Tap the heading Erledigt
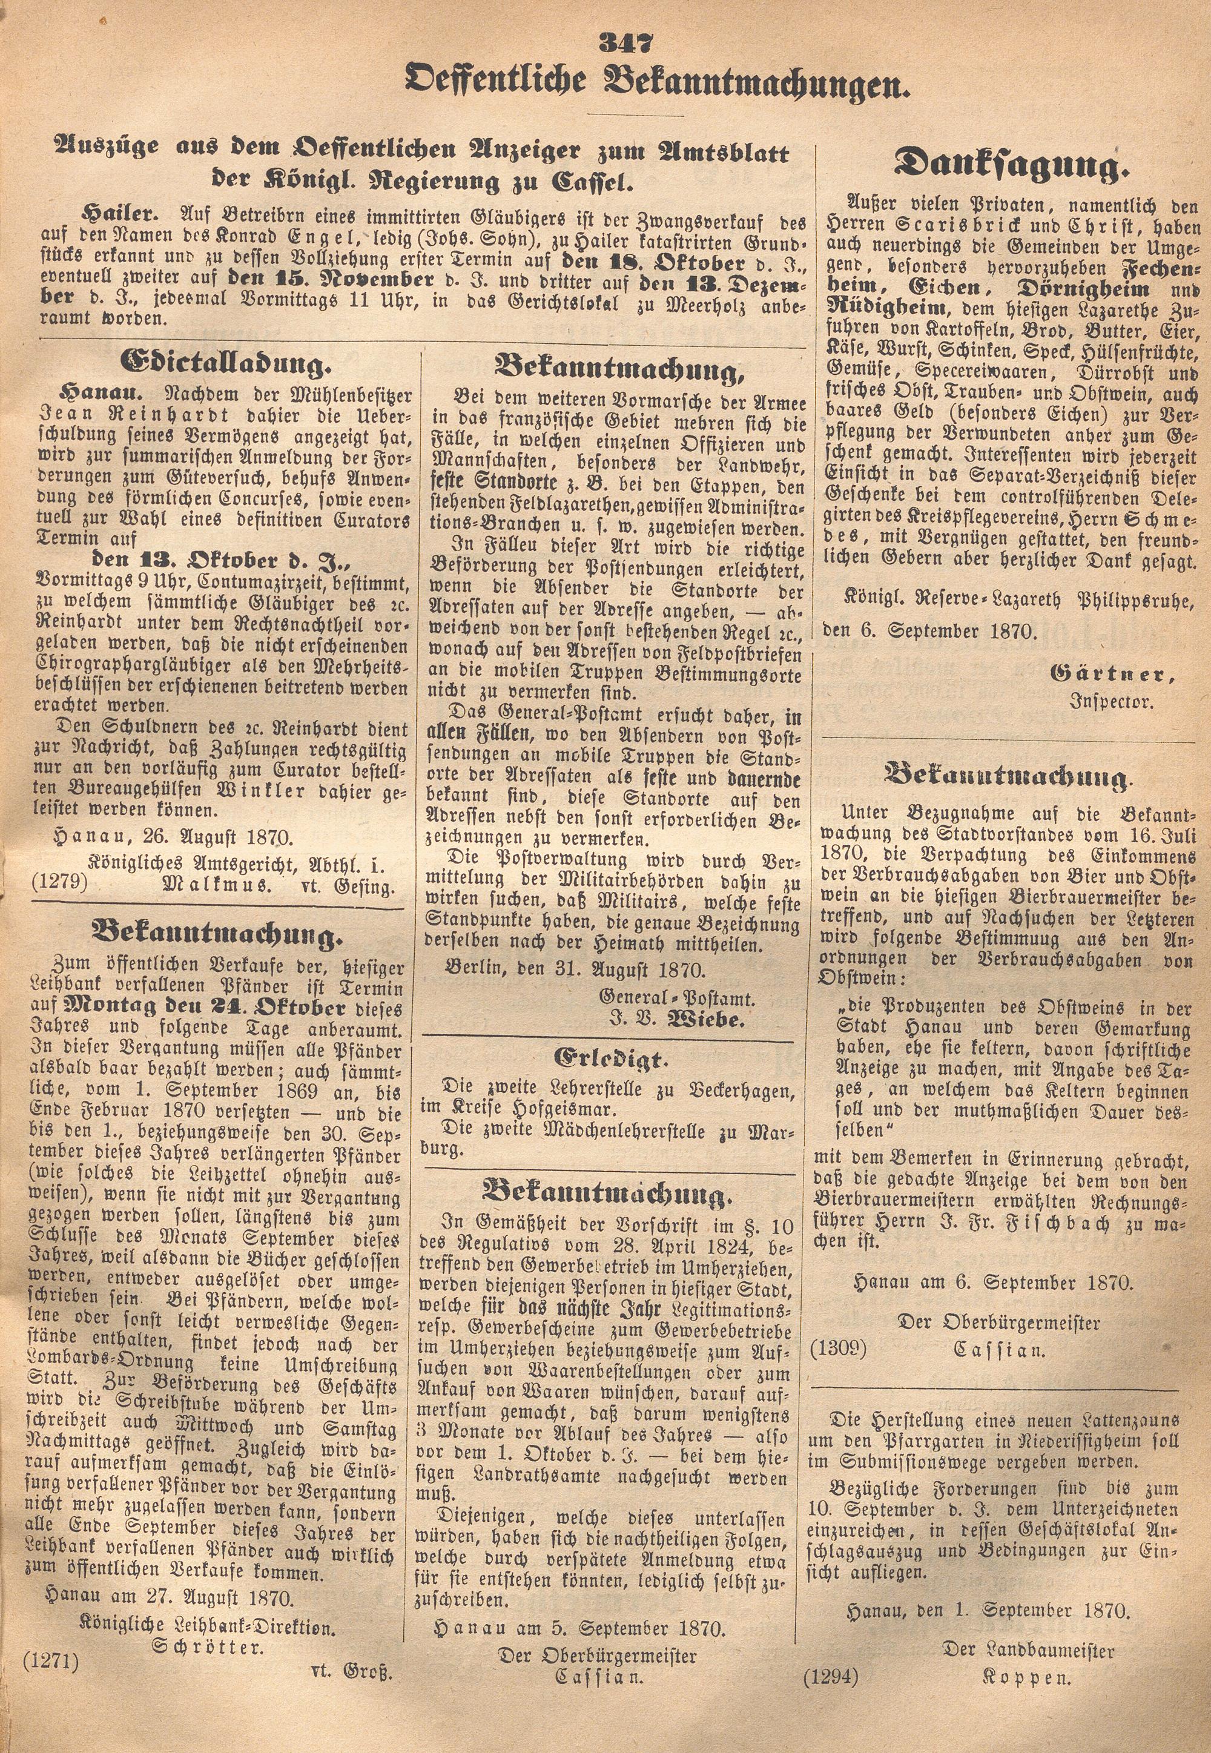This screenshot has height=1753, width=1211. click(611, 1058)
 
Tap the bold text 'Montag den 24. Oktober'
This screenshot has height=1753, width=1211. click(206, 1009)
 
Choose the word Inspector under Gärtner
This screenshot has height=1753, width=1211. click(1111, 701)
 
